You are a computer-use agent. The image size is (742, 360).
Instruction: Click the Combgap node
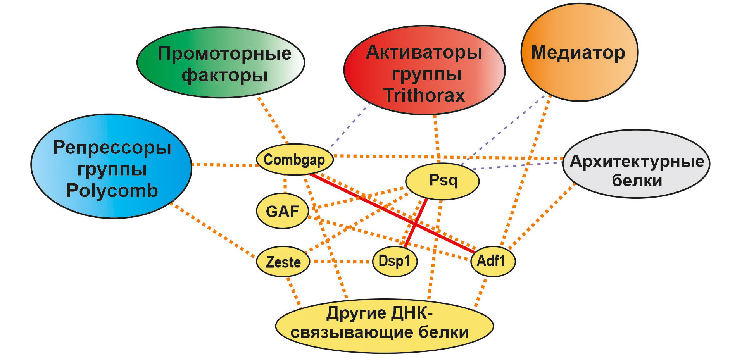tap(295, 160)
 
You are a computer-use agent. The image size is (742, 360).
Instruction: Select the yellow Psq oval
tap(443, 181)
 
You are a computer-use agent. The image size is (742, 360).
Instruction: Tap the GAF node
tap(283, 211)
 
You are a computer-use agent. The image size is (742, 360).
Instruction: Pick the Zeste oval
tap(283, 262)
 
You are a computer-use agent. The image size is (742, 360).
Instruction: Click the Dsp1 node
tap(395, 261)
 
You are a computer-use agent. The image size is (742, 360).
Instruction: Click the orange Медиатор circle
tap(579, 53)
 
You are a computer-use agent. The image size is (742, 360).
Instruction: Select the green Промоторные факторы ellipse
tap(221, 63)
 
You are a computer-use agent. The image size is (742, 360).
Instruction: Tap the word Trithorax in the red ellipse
tap(424, 95)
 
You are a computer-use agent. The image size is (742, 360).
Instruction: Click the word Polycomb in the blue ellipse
tap(112, 191)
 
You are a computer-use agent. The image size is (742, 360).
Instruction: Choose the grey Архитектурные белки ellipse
tap(636, 164)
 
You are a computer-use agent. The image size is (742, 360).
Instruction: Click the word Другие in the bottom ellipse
tap(356, 313)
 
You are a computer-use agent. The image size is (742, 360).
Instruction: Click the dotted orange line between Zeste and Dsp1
tap(341, 262)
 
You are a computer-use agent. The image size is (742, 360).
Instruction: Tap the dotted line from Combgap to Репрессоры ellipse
tap(225, 165)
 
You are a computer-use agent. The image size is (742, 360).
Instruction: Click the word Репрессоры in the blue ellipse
tap(112, 148)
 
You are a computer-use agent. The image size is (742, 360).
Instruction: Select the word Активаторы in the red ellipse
tap(424, 52)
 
